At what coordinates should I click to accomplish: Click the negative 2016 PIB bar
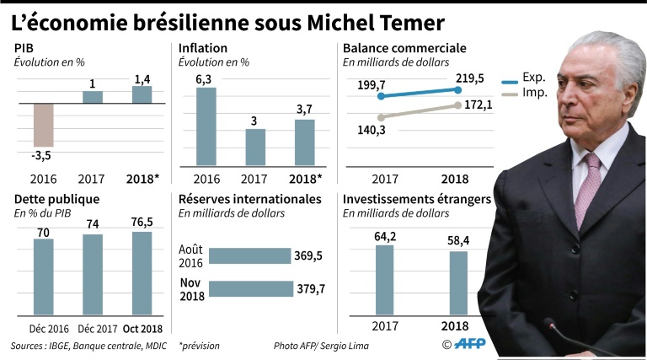click(44, 125)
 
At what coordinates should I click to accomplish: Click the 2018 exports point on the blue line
click(457, 89)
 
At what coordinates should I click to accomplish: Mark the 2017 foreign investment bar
click(384, 281)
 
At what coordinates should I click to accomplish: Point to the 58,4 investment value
click(457, 241)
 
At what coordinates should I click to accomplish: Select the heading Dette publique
click(57, 200)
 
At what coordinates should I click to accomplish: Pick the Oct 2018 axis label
click(142, 329)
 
